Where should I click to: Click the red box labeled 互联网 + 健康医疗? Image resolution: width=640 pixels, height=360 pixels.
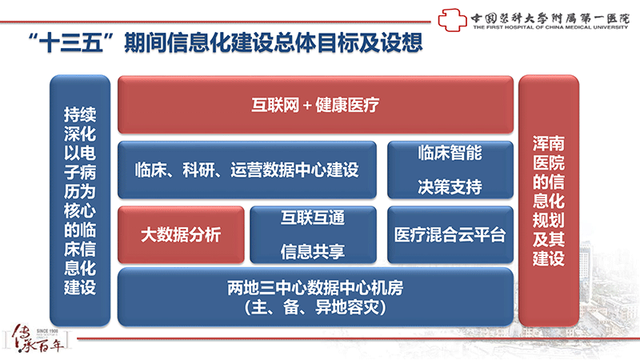coord(315,105)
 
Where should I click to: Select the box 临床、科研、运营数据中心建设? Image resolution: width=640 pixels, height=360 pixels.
coord(247,170)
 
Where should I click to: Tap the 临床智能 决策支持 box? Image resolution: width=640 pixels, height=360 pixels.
coord(450,170)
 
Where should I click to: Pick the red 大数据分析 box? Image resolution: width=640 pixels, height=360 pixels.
coord(181,234)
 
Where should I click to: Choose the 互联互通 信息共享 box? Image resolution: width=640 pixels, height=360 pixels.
coord(313,234)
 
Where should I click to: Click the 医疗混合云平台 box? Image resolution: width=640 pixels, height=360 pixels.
coord(450,234)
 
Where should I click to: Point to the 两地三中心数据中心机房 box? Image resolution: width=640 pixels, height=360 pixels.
coord(315,297)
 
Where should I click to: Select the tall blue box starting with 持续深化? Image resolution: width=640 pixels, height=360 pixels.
coord(80,201)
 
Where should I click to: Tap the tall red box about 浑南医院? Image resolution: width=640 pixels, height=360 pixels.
coord(549,201)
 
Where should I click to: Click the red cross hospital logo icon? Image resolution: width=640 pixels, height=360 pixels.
coord(452,20)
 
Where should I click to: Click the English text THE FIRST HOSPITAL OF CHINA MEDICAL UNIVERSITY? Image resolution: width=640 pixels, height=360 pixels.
coord(550,27)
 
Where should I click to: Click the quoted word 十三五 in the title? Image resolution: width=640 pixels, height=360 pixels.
coord(70,42)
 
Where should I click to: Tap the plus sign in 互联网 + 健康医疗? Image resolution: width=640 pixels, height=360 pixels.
coord(307,106)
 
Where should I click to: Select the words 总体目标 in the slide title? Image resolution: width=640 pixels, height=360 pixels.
coord(316,42)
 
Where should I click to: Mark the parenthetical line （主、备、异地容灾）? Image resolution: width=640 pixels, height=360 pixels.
coord(315,307)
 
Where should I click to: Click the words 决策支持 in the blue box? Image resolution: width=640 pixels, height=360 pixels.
coord(450,187)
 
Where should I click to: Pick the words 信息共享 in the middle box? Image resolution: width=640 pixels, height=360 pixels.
coord(313,251)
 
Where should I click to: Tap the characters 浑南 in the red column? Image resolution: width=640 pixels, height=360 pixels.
coord(549,144)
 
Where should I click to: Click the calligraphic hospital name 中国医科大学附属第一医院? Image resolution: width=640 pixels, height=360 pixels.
coord(550,18)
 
